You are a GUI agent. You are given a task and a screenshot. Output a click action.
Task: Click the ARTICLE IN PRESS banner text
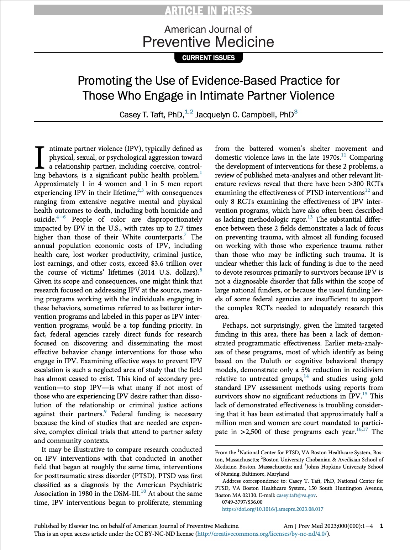click(x=208, y=11)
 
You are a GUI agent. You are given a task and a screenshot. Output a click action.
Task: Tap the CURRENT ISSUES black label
click(x=208, y=58)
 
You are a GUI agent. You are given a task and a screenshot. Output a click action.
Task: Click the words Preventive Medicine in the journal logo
click(x=208, y=42)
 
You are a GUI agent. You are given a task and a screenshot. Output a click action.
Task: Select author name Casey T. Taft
click(x=151, y=115)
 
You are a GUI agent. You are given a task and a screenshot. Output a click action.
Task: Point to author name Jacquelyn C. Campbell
click(x=244, y=115)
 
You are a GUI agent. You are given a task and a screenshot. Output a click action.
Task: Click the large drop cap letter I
click(x=40, y=158)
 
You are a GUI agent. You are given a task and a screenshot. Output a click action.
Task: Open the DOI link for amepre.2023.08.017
click(x=273, y=509)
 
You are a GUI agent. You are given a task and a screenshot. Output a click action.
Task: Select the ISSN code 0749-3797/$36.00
click(x=242, y=502)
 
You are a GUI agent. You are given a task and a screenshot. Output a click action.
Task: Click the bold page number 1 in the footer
click(x=382, y=526)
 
